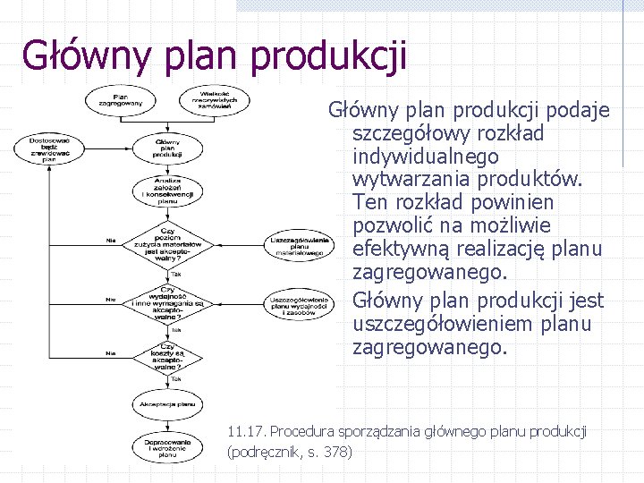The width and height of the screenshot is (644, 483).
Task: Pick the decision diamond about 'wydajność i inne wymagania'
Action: pyautogui.click(x=166, y=301)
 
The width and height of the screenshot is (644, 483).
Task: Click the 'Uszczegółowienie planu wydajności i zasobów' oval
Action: pyautogui.click(x=298, y=303)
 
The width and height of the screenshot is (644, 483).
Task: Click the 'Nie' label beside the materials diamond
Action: pyautogui.click(x=111, y=241)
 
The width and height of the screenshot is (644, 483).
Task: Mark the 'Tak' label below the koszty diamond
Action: pyautogui.click(x=176, y=378)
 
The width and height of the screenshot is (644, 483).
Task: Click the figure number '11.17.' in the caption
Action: pyautogui.click(x=248, y=432)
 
